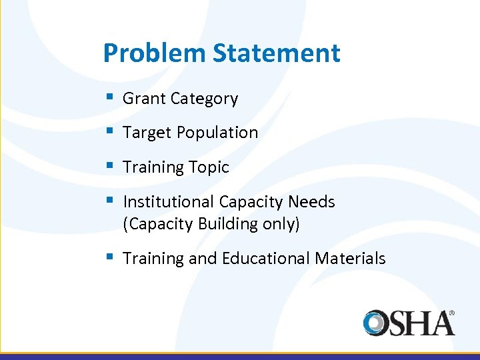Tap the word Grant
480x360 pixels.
pos(144,99)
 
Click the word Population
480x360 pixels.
pos(217,133)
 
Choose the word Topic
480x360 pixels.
pos(209,167)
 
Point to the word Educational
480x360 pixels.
pos(262,258)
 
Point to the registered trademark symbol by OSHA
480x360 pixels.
pos(451,312)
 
